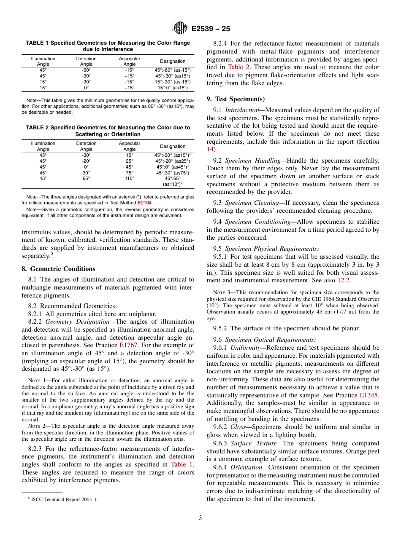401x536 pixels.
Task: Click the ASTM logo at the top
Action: [180, 29]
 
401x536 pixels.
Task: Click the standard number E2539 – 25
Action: [211, 29]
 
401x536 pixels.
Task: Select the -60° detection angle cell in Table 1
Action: [86, 70]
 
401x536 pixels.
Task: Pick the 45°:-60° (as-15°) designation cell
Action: [172, 70]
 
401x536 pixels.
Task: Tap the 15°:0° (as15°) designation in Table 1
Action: [172, 88]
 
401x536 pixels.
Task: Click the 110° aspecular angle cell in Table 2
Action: [130, 178]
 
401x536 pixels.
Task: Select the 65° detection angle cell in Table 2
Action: [86, 178]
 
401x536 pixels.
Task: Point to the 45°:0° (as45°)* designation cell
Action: [172, 166]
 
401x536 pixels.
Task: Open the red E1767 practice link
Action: [128, 344]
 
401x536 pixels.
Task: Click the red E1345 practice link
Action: [369, 395]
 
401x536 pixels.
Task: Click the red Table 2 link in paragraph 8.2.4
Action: [236, 67]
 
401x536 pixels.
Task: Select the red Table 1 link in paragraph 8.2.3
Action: [182, 464]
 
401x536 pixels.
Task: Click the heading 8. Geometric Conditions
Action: [58, 268]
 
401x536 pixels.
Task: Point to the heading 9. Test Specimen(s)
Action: [236, 99]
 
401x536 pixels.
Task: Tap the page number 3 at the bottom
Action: [200, 517]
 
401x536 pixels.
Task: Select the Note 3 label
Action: [222, 292]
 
